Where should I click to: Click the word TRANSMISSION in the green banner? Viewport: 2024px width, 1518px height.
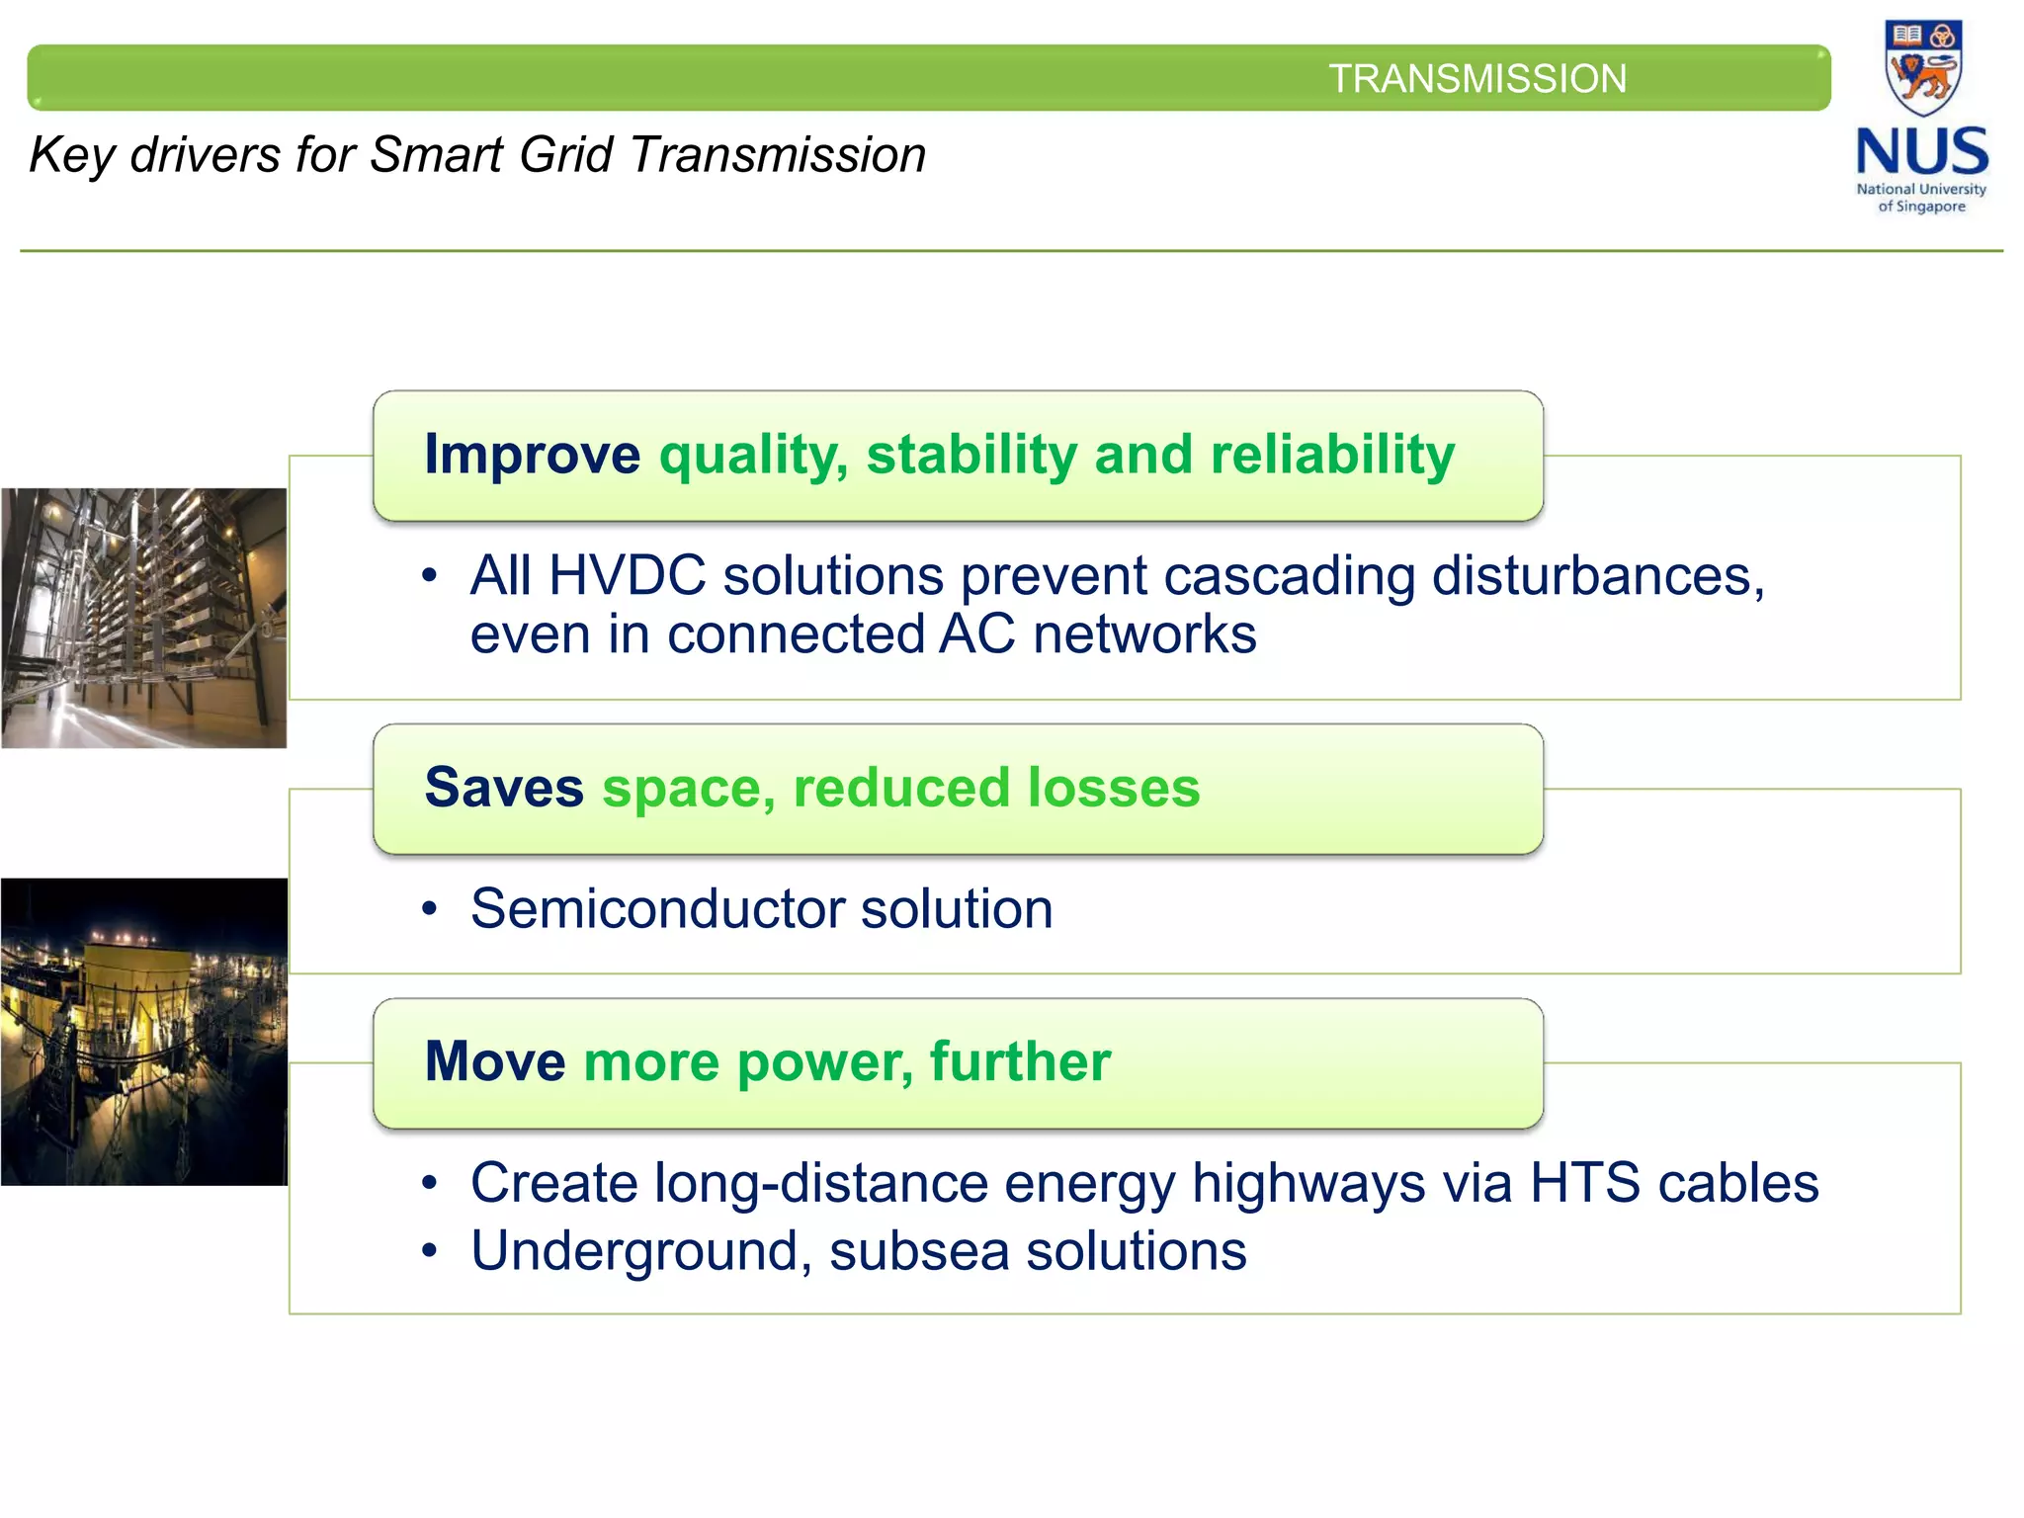[1476, 79]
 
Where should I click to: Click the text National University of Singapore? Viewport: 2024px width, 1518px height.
[1921, 198]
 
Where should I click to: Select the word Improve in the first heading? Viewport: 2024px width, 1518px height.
[532, 455]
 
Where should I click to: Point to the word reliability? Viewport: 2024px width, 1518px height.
[1332, 455]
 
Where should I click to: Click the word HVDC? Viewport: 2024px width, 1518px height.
[627, 575]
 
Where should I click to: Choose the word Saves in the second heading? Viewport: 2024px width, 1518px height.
[504, 788]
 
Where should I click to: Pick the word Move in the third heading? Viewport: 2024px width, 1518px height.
[494, 1061]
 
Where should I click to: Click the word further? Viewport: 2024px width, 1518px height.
[1020, 1061]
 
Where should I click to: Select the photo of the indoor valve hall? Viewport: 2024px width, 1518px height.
[144, 618]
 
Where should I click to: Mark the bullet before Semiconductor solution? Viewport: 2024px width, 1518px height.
[429, 909]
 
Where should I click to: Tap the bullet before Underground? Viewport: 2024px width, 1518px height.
[429, 1251]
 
